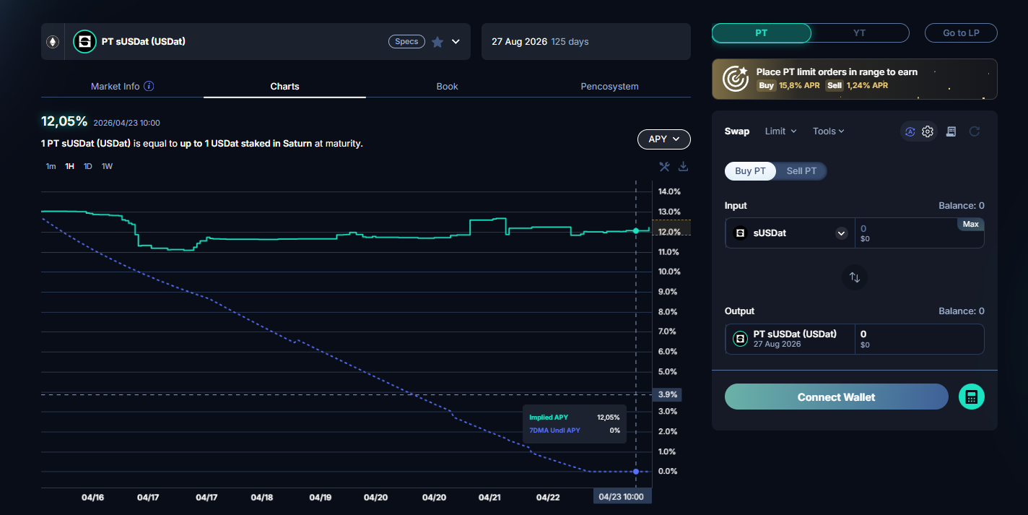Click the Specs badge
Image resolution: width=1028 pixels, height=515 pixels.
coord(406,41)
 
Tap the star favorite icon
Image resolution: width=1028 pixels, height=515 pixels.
coord(437,42)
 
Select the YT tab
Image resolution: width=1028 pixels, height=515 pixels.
coord(859,33)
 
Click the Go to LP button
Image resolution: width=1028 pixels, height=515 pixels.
coord(961,33)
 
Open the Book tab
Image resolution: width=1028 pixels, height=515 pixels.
coord(447,86)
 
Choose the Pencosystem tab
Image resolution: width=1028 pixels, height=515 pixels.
coord(609,86)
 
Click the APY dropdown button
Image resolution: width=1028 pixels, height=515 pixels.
coord(663,139)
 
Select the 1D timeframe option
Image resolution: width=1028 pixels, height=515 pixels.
coord(87,166)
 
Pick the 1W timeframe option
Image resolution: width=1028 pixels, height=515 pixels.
coord(107,166)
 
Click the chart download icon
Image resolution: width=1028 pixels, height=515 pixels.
coord(684,166)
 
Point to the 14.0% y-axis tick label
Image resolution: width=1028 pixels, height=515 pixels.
coord(669,191)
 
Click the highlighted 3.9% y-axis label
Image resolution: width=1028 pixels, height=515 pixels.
coord(667,394)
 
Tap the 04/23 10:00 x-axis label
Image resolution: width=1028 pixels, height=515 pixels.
coord(622,497)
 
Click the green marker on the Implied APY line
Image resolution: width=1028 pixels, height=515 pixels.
coord(635,230)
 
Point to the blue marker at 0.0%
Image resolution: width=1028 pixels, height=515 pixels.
coord(635,472)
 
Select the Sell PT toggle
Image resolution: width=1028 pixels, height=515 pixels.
coord(801,170)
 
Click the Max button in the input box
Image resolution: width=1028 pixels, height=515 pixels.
coord(971,224)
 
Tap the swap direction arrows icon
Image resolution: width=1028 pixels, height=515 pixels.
coord(855,277)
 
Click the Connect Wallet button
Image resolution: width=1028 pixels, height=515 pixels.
coord(836,397)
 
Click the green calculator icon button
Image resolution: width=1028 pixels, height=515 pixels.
coord(971,397)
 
